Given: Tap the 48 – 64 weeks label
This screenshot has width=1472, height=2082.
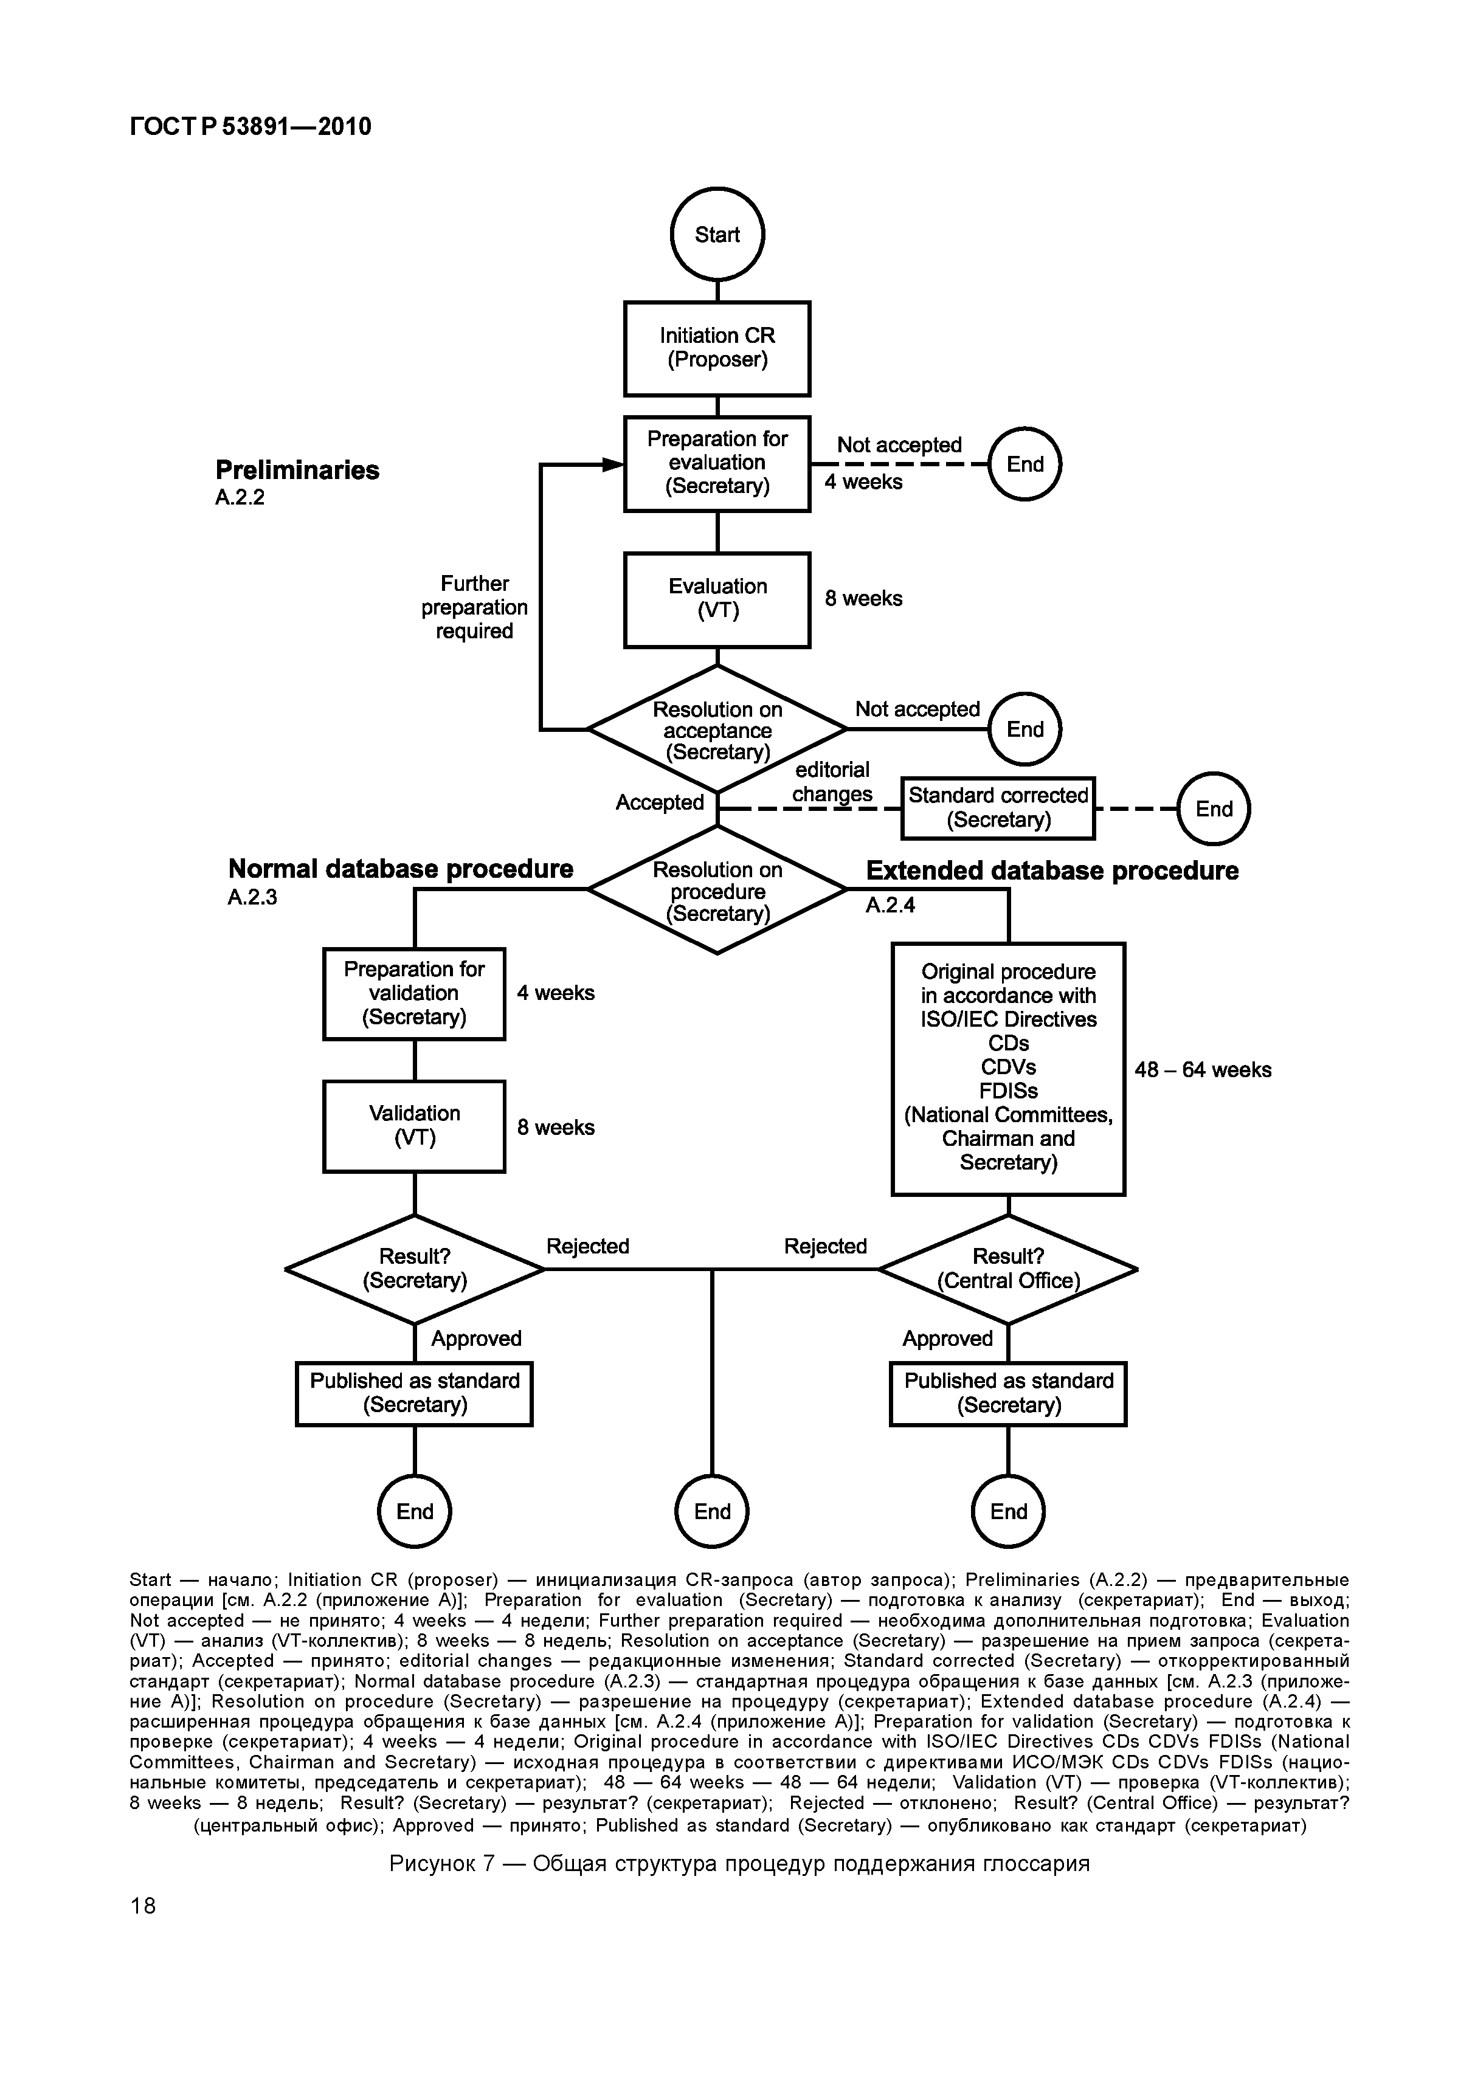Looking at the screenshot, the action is click(1203, 1070).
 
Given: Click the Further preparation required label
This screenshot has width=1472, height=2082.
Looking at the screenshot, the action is click(474, 607).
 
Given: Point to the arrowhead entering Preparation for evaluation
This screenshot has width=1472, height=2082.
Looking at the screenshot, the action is click(615, 464).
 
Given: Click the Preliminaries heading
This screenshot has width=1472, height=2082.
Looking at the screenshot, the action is click(297, 470).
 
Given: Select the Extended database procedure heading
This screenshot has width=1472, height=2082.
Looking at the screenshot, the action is click(1052, 870).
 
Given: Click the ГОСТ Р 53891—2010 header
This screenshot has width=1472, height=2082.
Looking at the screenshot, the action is click(251, 126).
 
